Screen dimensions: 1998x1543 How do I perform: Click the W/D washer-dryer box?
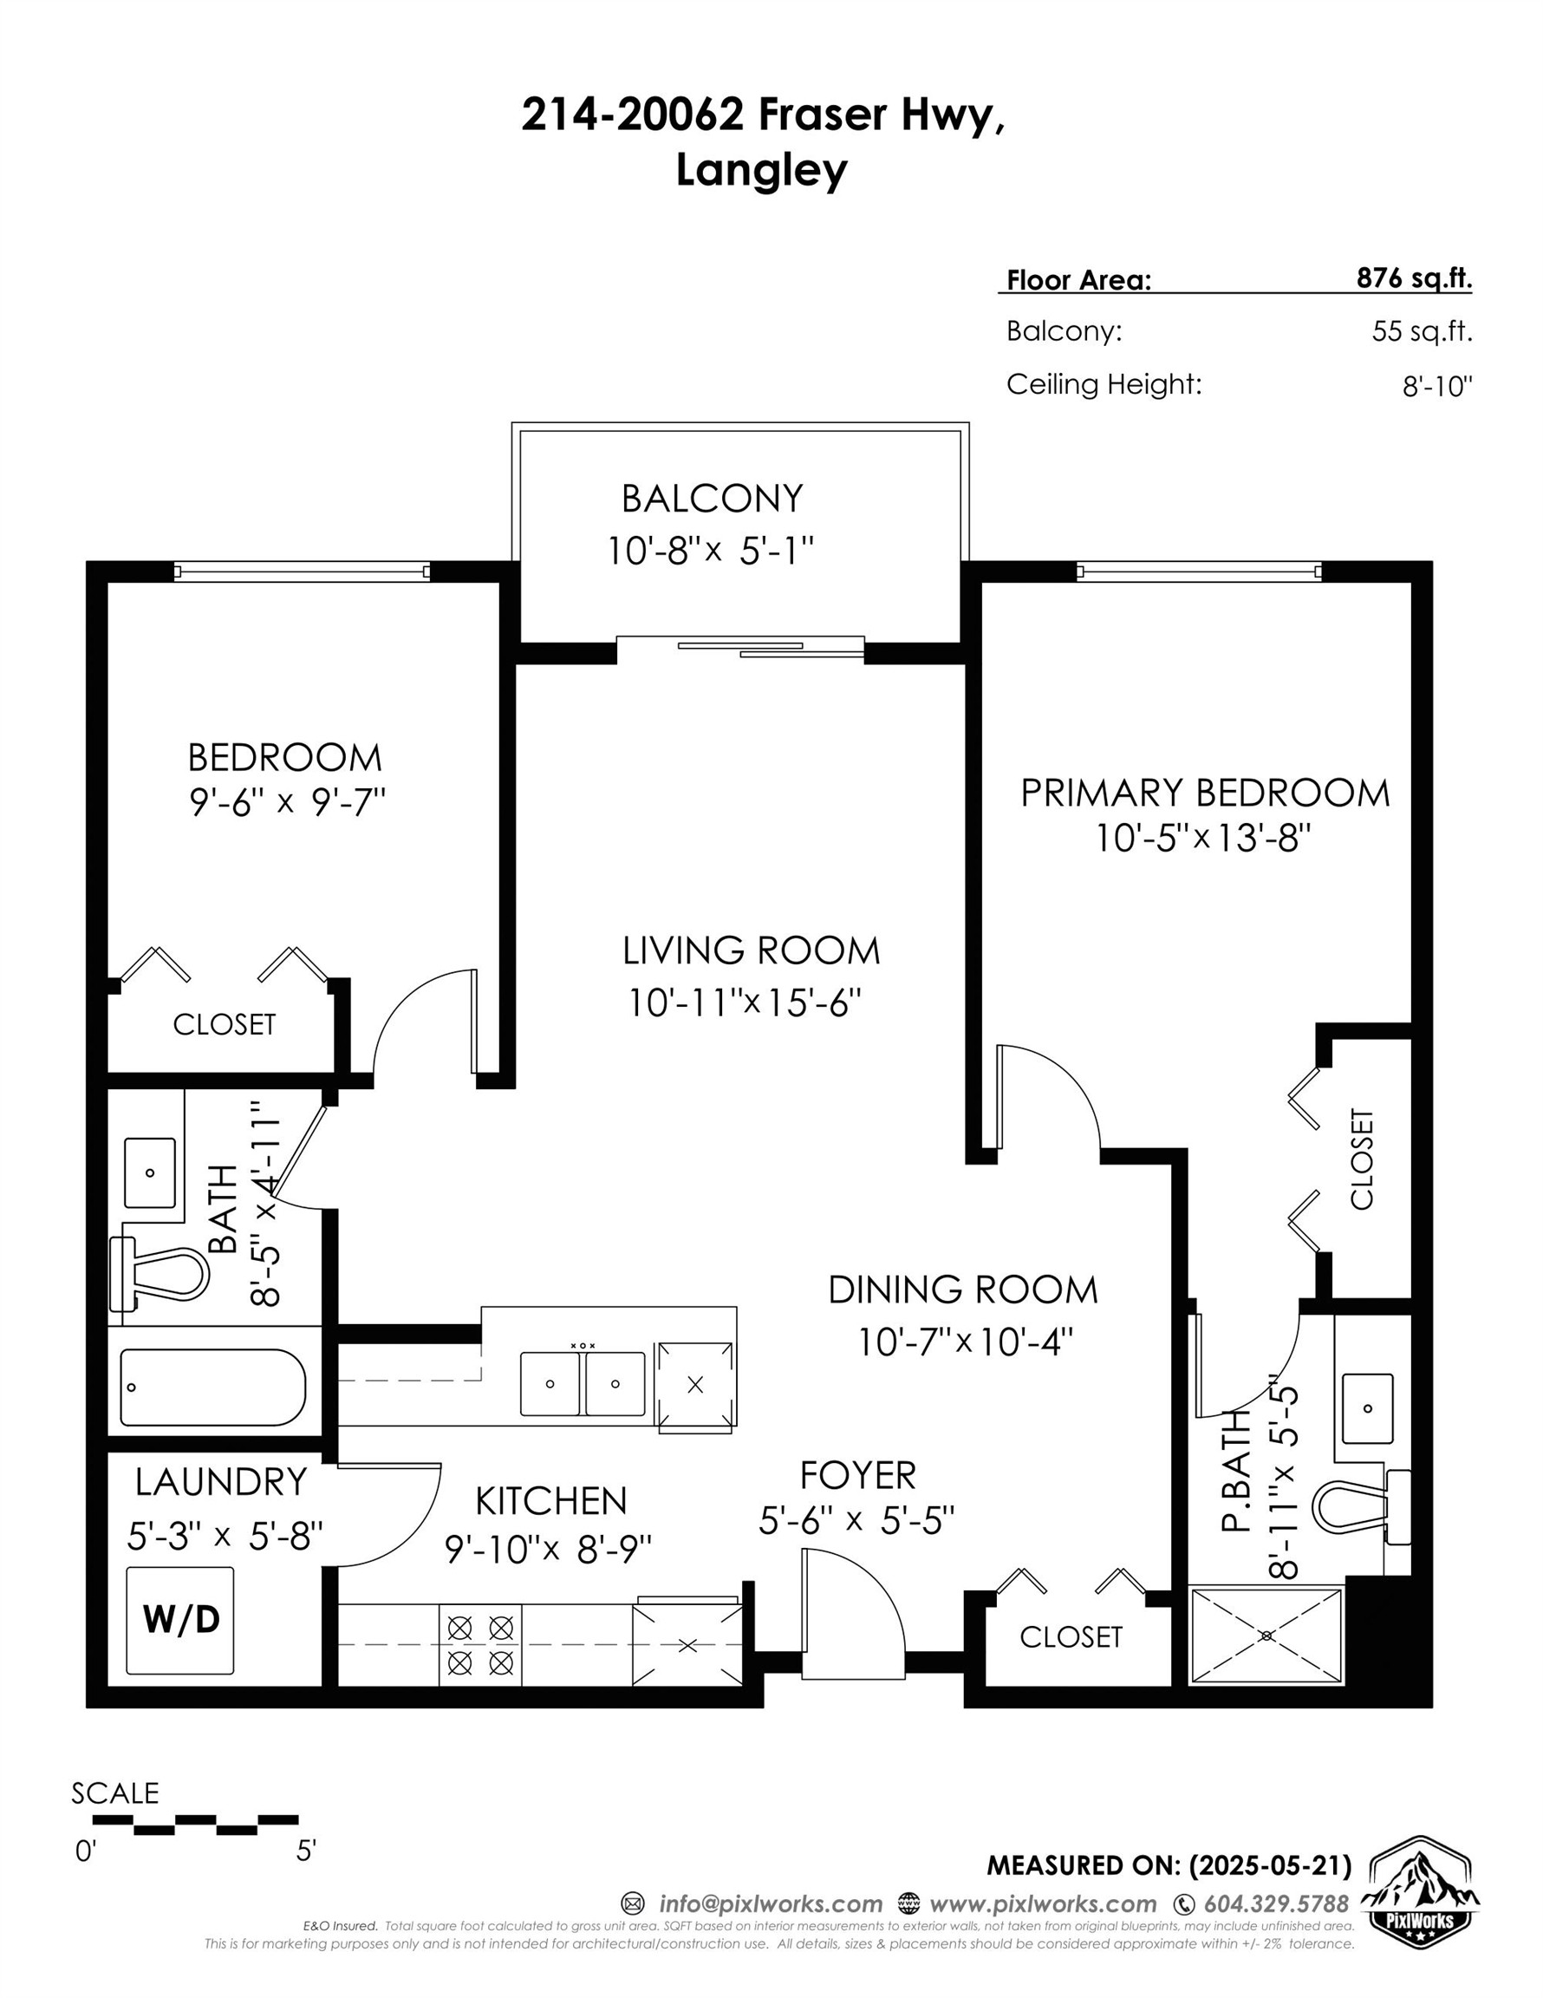179,1620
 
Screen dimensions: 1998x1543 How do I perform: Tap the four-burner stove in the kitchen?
480,1644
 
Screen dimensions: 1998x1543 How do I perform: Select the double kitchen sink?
582,1383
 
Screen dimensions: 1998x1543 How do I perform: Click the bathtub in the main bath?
212,1387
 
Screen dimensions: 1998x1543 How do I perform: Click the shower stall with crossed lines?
1266,1636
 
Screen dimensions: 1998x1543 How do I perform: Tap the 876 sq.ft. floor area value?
1414,278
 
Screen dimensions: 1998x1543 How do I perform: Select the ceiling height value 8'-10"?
1437,386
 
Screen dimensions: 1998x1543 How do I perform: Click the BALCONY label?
712,499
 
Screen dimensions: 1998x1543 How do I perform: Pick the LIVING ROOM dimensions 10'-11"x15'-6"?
745,1003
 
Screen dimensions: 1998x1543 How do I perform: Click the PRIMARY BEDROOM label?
1205,793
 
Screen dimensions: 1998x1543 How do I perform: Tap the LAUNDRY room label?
220,1482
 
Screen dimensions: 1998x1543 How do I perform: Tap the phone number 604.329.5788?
1276,1903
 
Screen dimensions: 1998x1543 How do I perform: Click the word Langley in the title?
761,170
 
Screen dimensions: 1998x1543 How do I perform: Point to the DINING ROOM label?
962,1290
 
